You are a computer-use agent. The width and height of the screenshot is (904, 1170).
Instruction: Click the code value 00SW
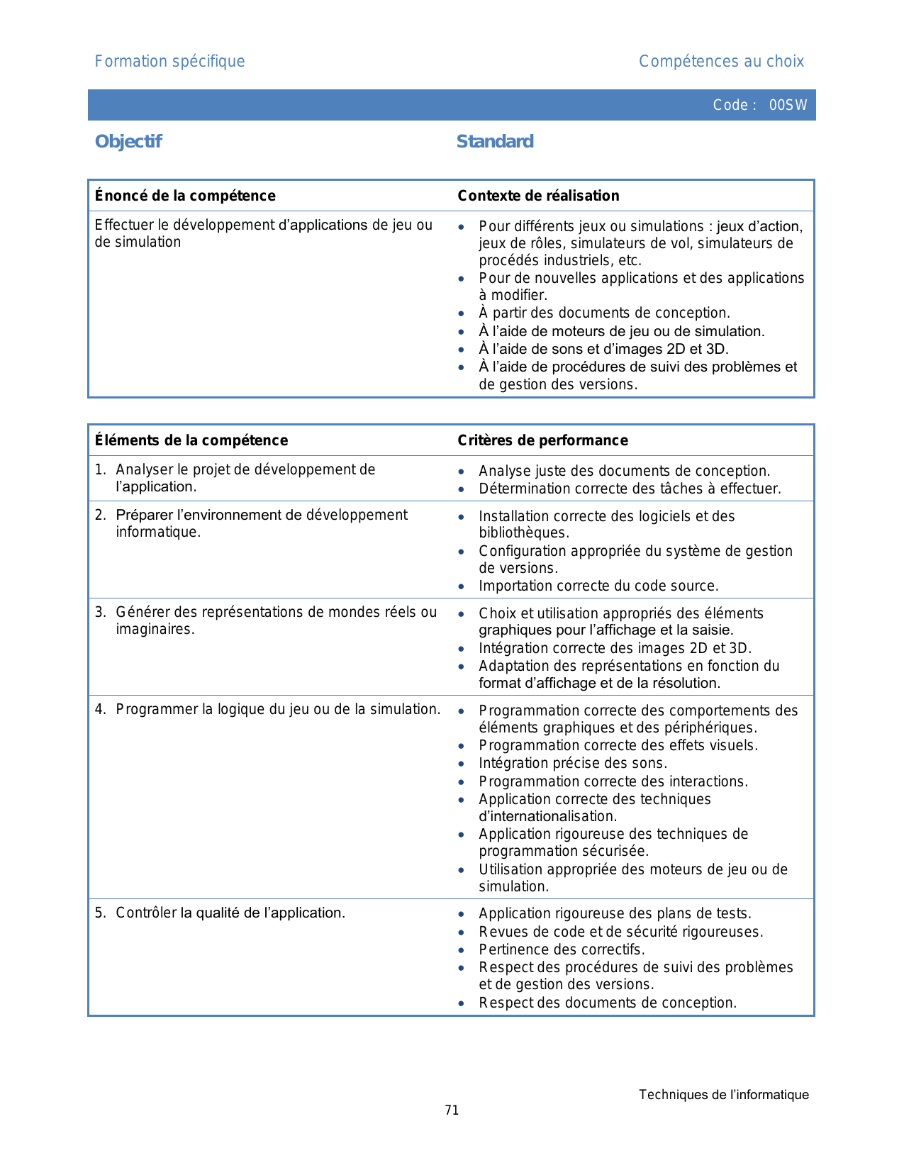[x=788, y=105]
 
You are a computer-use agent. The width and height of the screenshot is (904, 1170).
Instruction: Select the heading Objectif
[x=128, y=142]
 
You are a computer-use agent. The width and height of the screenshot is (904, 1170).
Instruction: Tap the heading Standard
[x=495, y=142]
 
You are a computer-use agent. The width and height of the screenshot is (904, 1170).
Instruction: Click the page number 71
[x=452, y=1110]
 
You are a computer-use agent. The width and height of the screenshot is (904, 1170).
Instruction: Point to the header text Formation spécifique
[x=169, y=62]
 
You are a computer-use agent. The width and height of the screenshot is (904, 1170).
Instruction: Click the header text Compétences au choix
[x=721, y=62]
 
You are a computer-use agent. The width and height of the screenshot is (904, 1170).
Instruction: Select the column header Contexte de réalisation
[x=538, y=196]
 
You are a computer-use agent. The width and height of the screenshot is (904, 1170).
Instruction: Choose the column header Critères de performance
[x=542, y=440]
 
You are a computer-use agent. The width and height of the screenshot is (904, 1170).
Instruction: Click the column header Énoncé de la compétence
[x=185, y=196]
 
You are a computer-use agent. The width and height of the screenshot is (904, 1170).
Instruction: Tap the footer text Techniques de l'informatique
[x=723, y=1095]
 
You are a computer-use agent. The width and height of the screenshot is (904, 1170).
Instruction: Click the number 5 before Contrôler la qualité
[x=99, y=913]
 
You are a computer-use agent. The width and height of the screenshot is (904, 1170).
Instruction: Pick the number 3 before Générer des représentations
[x=99, y=613]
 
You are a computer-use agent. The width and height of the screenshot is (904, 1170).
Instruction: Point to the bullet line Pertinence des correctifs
[x=562, y=949]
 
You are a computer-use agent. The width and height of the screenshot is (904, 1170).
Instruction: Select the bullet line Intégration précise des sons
[x=573, y=764]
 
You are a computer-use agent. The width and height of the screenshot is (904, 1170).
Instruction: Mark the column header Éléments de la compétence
[x=191, y=440]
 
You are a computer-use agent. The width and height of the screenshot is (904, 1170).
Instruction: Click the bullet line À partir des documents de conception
[x=604, y=313]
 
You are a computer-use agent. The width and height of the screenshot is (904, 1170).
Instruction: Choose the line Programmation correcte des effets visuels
[x=618, y=745]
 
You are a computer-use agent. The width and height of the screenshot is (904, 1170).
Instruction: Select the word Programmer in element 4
[x=157, y=710]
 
